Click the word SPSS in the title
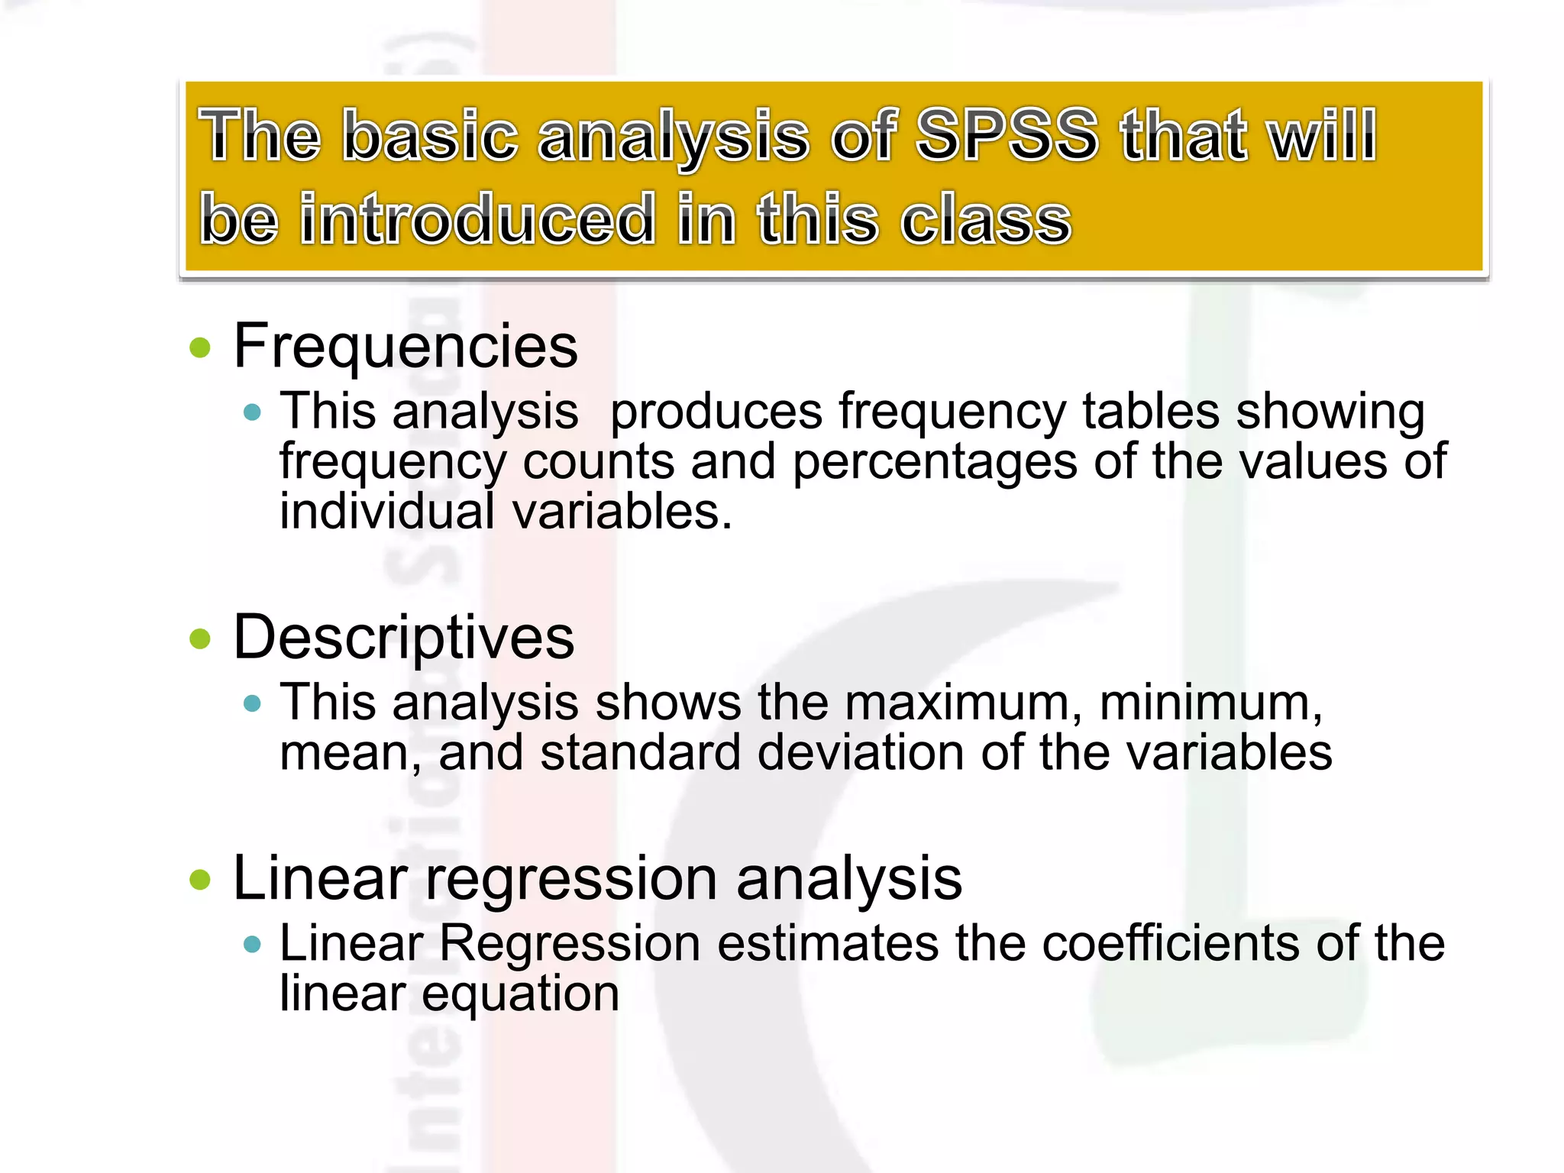[1007, 136]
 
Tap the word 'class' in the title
[986, 219]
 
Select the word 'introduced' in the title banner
[477, 219]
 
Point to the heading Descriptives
[403, 637]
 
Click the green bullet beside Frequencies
[200, 348]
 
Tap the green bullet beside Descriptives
[200, 638]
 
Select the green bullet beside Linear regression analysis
[200, 880]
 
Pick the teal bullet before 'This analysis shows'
[252, 703]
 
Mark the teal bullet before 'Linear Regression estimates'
[252, 945]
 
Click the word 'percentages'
[934, 463]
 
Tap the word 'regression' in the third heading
[570, 880]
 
